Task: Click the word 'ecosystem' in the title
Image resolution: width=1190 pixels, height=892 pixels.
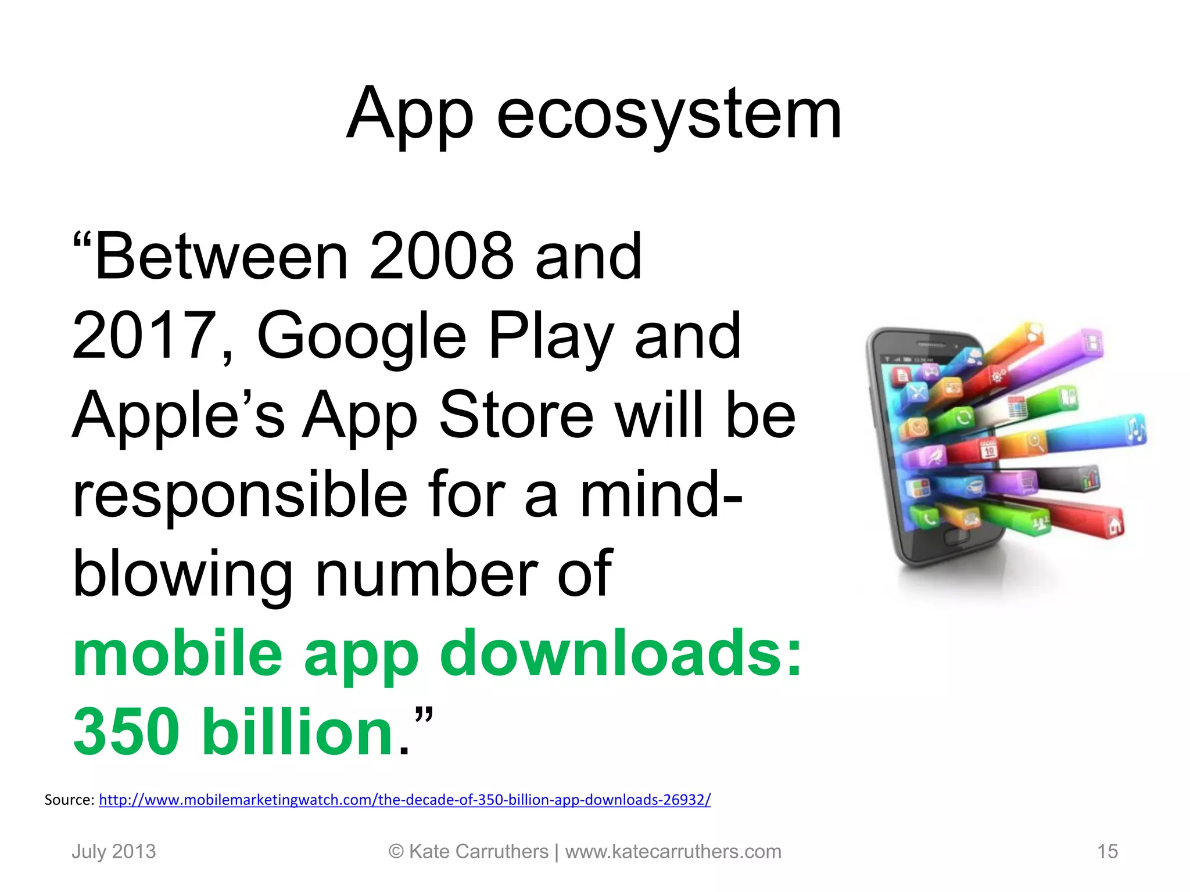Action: (x=669, y=114)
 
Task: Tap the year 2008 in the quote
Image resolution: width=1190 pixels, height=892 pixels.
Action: (x=442, y=256)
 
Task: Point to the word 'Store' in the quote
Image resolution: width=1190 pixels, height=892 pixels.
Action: (x=516, y=415)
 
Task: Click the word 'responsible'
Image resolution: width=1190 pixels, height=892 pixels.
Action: (x=240, y=494)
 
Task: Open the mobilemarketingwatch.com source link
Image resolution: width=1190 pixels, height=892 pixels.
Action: (x=404, y=800)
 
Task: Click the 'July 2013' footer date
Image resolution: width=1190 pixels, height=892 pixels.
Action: (x=114, y=851)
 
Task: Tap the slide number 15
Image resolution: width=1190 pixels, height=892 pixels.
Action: (x=1107, y=851)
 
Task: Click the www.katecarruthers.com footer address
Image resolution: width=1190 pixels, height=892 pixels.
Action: (x=673, y=851)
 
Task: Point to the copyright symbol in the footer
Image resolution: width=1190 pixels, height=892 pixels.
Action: (x=396, y=851)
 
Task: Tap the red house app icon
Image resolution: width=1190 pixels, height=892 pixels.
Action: (x=1114, y=525)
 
